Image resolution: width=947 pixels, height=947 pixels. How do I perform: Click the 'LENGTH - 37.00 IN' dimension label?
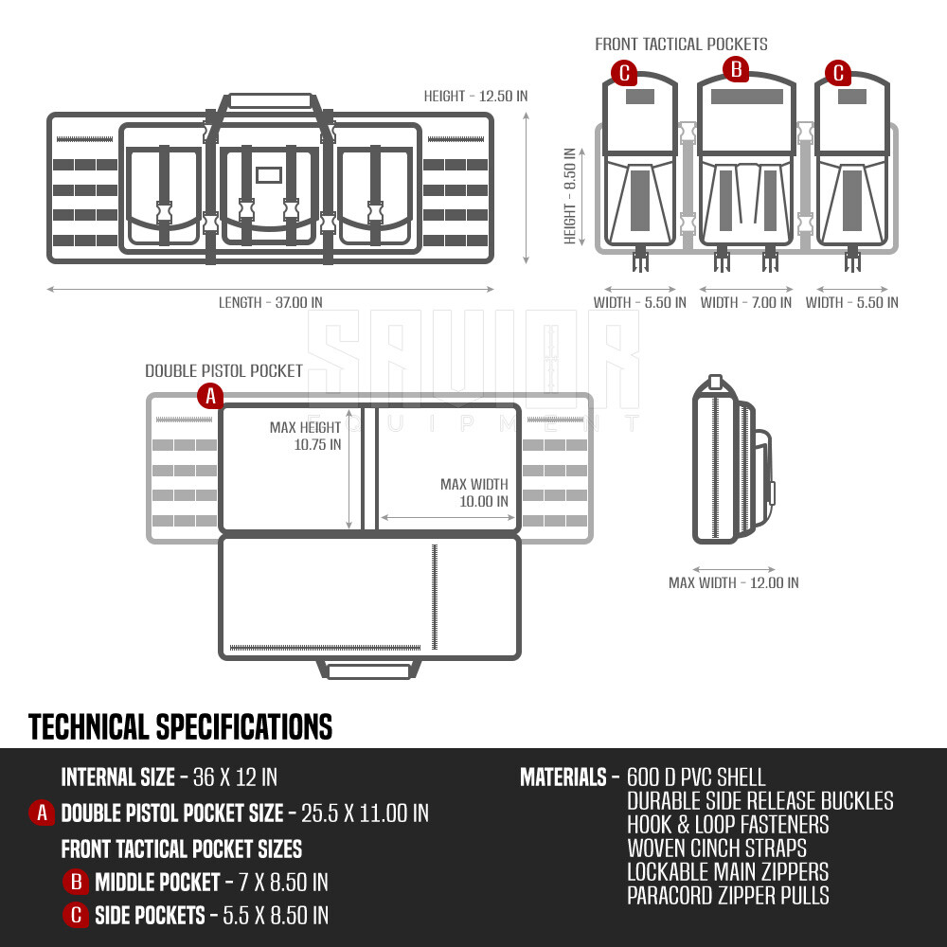[x=271, y=302]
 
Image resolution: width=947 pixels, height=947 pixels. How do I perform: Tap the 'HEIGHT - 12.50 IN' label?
[x=476, y=96]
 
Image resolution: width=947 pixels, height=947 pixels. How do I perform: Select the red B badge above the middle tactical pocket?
[x=736, y=69]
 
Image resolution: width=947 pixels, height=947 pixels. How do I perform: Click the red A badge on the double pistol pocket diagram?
[x=210, y=396]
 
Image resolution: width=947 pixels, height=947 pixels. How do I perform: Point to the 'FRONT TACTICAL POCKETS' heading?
[x=681, y=45]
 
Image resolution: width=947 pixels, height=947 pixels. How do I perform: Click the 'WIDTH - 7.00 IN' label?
[x=746, y=302]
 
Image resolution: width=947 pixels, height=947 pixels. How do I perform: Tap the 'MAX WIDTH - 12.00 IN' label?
[x=734, y=582]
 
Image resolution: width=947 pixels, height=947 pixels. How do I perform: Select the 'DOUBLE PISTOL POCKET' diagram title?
[x=224, y=371]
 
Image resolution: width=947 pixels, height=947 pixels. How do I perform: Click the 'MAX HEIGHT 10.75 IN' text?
[x=306, y=436]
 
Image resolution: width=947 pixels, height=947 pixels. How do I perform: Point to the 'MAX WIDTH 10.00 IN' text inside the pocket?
[x=474, y=492]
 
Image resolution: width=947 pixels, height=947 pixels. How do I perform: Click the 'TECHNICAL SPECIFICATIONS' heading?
[x=181, y=726]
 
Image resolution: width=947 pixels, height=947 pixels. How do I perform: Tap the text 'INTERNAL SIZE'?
[x=118, y=777]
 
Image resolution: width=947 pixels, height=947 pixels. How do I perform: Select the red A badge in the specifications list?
[x=42, y=813]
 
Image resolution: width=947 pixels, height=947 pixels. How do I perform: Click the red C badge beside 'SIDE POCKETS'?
[x=76, y=915]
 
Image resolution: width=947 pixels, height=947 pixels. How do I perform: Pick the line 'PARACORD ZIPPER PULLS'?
[x=728, y=895]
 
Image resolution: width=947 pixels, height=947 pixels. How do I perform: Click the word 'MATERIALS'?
[x=563, y=777]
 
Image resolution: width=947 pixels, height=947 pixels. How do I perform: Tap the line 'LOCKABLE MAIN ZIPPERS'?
[x=727, y=871]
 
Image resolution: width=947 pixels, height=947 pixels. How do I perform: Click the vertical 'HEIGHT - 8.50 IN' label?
[x=569, y=196]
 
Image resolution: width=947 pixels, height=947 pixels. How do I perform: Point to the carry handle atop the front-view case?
[x=270, y=102]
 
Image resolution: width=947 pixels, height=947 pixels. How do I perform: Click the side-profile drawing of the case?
[x=732, y=459]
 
